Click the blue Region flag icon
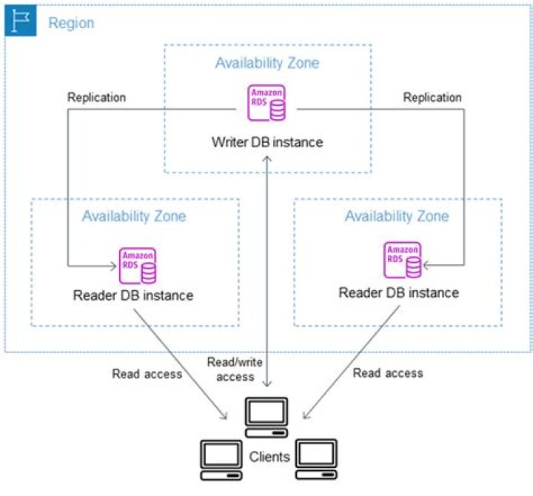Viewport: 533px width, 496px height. [x=21, y=21]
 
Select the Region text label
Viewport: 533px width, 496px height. [x=71, y=23]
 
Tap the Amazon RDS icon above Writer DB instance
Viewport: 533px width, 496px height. [x=266, y=103]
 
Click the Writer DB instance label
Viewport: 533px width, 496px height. [x=267, y=142]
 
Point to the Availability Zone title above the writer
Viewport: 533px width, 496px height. [x=267, y=63]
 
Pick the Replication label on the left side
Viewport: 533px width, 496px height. [x=96, y=98]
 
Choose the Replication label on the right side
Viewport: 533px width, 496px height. [x=432, y=98]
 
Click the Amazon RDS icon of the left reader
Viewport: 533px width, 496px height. [x=138, y=266]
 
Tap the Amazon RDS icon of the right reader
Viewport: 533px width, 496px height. [x=403, y=260]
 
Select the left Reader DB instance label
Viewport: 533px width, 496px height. [x=133, y=295]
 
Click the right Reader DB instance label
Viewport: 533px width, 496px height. [x=399, y=292]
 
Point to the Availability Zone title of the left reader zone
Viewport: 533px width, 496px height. [x=134, y=216]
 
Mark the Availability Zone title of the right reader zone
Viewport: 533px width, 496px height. [x=397, y=216]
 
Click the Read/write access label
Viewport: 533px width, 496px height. [x=235, y=369]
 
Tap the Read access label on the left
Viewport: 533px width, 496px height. [x=147, y=374]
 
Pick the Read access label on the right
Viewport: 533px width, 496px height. [x=388, y=373]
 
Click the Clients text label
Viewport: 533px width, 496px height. [x=269, y=457]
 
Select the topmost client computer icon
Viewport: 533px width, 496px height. [x=266, y=418]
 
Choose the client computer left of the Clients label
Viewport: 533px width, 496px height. [x=221, y=460]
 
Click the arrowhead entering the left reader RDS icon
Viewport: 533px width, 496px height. [x=113, y=266]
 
